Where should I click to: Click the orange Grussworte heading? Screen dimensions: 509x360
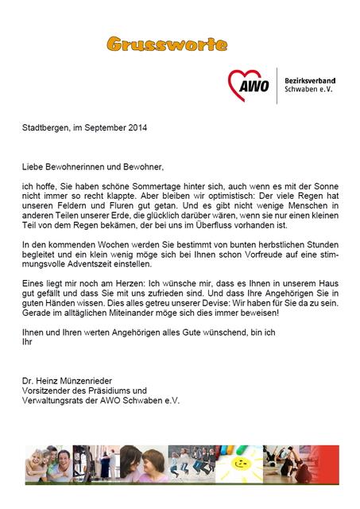[x=166, y=44]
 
